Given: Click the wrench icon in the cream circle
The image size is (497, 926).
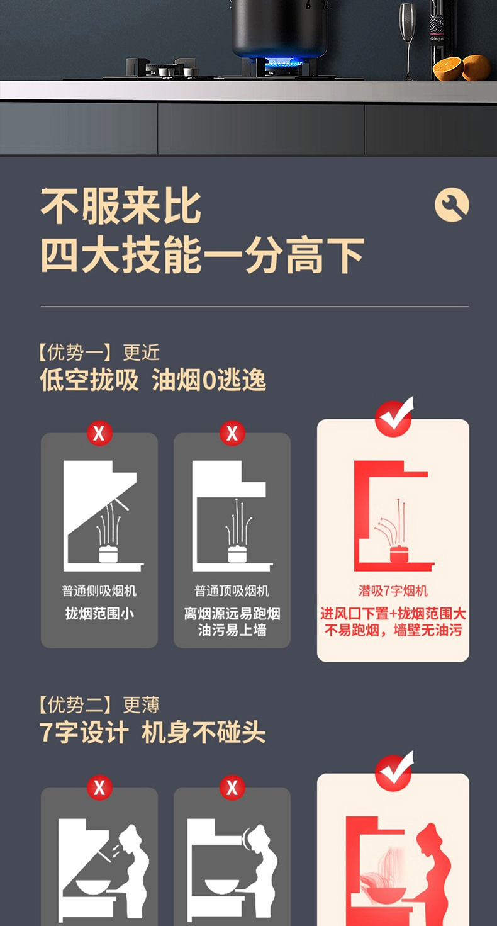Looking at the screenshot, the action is tap(452, 205).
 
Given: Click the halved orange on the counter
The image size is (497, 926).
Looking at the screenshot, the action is tap(448, 69).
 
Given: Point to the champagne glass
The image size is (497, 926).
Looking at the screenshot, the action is tap(408, 40).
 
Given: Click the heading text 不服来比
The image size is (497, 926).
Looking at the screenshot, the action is tap(121, 206).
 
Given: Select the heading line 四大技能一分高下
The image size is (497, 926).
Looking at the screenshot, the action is tap(202, 255).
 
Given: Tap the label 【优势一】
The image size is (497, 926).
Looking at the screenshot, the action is tap(75, 353).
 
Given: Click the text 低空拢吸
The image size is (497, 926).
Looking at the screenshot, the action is tap(89, 380).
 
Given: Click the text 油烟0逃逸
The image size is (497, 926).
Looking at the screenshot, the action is tap(209, 380).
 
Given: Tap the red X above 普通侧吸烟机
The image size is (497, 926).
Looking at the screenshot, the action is tap(99, 433).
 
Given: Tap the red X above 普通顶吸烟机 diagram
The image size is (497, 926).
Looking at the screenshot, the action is tap(232, 433).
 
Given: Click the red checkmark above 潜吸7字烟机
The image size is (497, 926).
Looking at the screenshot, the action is tap(394, 417).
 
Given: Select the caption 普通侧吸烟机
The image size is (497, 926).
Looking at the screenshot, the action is tap(99, 590).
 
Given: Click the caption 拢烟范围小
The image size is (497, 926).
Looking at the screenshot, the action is tap(99, 614).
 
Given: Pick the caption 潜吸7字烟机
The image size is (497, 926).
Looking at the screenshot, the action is tap(393, 590).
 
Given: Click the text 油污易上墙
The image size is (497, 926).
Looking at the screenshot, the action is tap(232, 630).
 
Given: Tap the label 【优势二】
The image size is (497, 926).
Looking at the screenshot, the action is tap(75, 705).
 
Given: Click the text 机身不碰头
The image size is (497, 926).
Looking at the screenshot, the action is tap(203, 733).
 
